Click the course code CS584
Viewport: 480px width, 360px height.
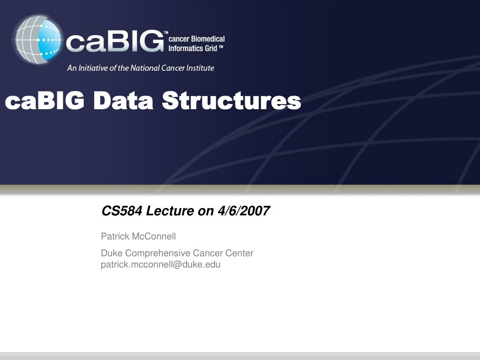[122, 211]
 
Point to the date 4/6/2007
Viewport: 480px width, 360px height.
[244, 211]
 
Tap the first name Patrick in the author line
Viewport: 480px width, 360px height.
[115, 236]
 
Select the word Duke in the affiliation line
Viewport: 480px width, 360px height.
[112, 253]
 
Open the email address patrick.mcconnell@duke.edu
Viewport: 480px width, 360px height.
[161, 264]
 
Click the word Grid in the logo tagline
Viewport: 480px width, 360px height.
[211, 48]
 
